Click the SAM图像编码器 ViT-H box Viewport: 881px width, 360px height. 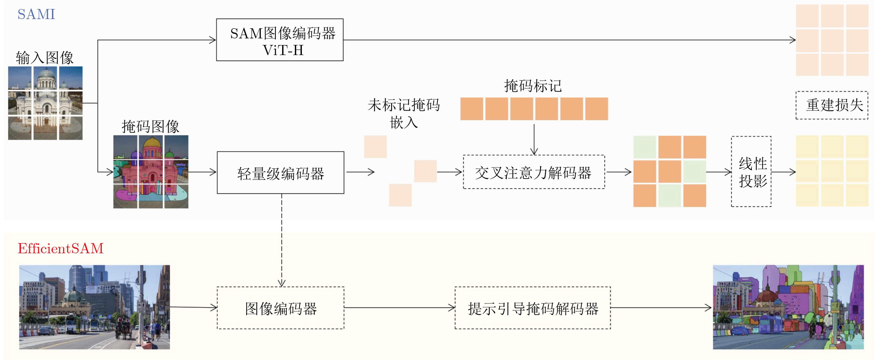tap(279, 40)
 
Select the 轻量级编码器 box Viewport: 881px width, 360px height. tap(280, 173)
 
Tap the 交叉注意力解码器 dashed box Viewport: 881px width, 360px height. tap(534, 172)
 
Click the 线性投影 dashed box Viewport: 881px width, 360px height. tap(751, 172)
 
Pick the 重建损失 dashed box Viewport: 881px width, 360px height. tap(832, 105)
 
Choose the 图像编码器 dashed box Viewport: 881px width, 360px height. tap(280, 308)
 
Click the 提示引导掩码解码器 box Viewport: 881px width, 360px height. tap(532, 308)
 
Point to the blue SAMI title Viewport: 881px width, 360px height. tap(36, 14)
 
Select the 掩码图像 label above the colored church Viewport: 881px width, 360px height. tap(150, 127)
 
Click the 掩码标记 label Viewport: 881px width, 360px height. tap(533, 86)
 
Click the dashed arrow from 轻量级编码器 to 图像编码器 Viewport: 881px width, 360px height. tap(281, 239)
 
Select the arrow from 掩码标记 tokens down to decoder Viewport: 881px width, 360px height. tap(534, 139)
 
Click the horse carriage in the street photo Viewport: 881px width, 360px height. tap(124, 328)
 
